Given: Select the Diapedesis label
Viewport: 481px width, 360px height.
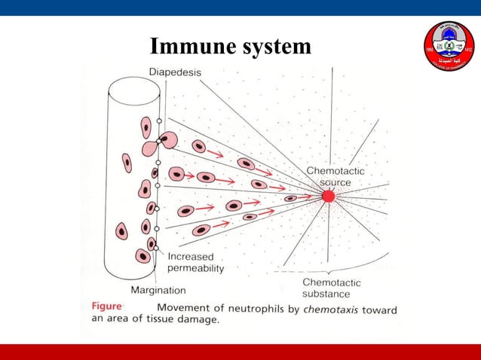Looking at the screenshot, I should pos(174,72).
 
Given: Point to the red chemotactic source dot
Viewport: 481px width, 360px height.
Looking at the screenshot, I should pos(328,196).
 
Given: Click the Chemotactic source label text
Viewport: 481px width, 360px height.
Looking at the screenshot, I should pos(335,176).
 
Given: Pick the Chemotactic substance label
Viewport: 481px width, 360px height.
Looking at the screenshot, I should pos(332,288).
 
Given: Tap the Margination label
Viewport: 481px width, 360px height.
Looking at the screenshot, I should pos(158,289).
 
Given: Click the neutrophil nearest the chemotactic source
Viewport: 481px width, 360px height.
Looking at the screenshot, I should pos(290,198).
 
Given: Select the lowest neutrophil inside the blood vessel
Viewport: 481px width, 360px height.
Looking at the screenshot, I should pos(142,256).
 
